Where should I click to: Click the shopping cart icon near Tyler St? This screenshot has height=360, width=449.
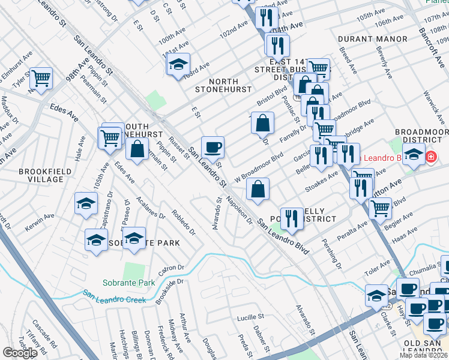[x=41, y=78]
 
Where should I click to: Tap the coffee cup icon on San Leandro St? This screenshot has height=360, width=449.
[x=212, y=146]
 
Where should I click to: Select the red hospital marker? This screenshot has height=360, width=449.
[x=430, y=157]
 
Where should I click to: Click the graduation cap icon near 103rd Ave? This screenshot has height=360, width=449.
[x=178, y=64]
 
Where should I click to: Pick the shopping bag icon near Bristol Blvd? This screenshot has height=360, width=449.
[x=262, y=123]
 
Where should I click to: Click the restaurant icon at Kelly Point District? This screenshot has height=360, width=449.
[x=292, y=218]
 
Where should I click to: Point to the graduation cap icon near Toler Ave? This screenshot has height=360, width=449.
[x=376, y=295]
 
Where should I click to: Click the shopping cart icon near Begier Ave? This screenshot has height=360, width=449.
[x=380, y=208]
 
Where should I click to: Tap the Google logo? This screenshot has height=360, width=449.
[x=20, y=352]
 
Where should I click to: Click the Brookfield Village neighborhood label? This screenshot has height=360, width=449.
[x=41, y=175]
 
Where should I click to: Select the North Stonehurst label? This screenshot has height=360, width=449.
[x=223, y=85]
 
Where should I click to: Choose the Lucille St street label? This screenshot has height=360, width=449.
[x=250, y=316]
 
